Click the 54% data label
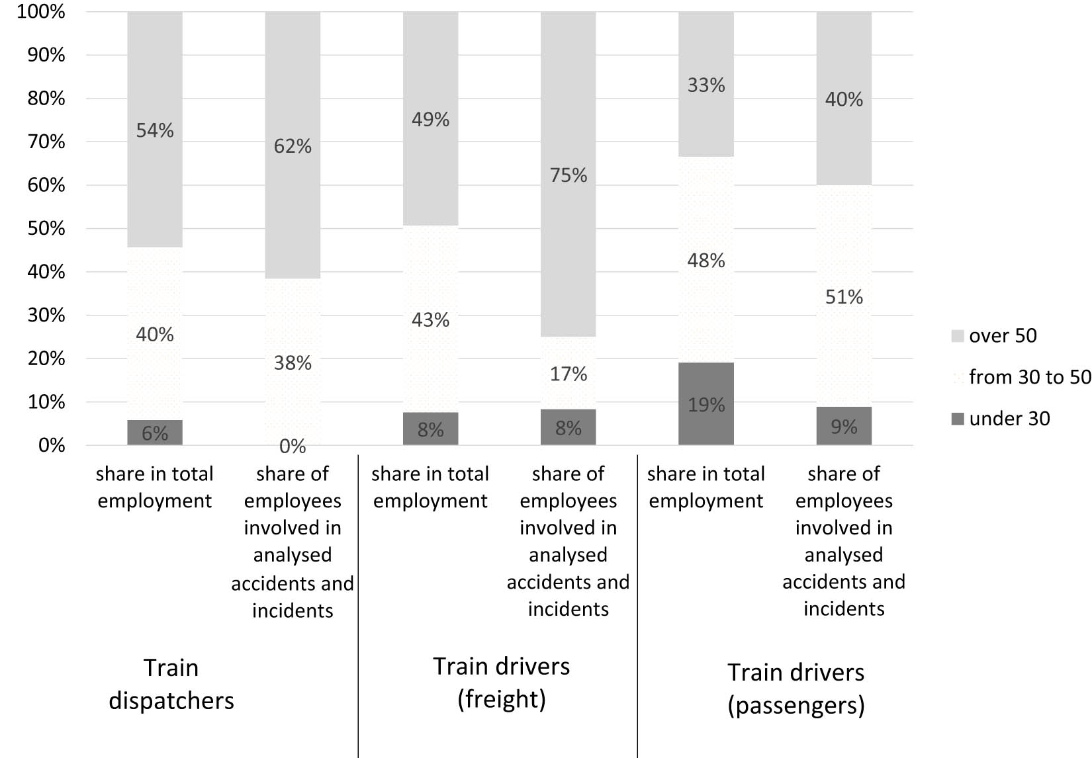tap(155, 130)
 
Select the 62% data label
tap(293, 146)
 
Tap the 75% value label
tap(569, 175)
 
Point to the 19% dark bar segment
tap(706, 403)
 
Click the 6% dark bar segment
tap(155, 433)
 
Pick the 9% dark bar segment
tap(844, 426)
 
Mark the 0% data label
tap(293, 446)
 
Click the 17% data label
tap(569, 374)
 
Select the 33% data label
tap(706, 85)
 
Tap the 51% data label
tap(844, 297)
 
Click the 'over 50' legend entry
tap(994, 336)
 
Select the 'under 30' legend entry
tap(1001, 419)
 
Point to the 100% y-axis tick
tap(41, 12)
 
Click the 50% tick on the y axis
tap(46, 228)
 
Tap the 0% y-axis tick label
tap(52, 445)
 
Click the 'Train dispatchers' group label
tap(171, 684)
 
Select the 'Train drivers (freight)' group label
tap(501, 682)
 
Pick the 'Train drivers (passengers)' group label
tap(796, 689)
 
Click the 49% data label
tap(430, 120)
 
